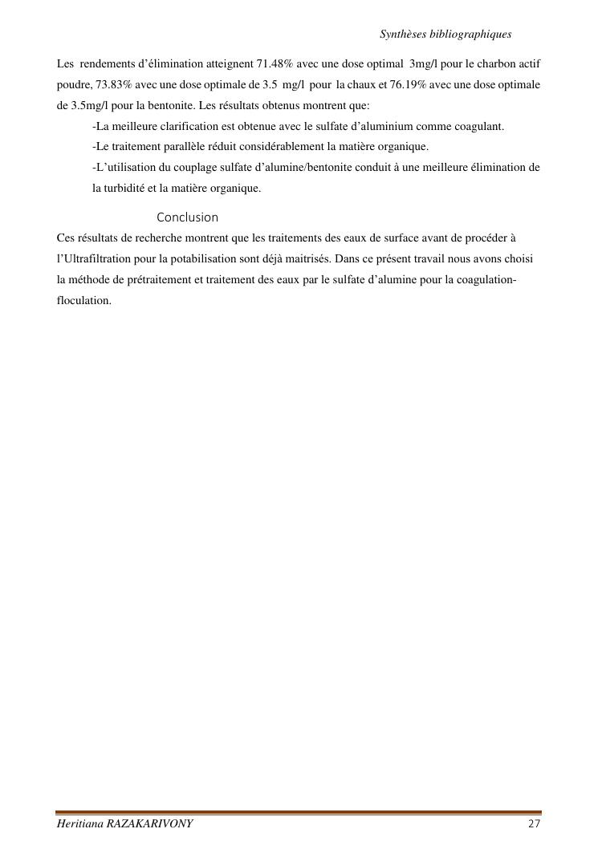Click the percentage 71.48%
coord(276,63)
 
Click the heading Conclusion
coord(187,217)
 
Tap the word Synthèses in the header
coord(403,35)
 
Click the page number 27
coord(535,825)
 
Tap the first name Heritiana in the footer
coord(78,825)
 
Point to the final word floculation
coord(84,301)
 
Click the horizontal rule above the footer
coord(299,813)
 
